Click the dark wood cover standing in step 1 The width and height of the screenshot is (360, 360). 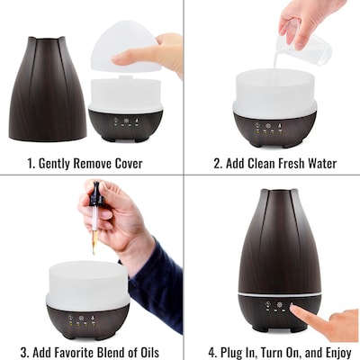(x=47, y=90)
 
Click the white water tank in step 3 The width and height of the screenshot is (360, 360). (x=87, y=283)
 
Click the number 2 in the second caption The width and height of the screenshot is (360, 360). (x=217, y=164)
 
